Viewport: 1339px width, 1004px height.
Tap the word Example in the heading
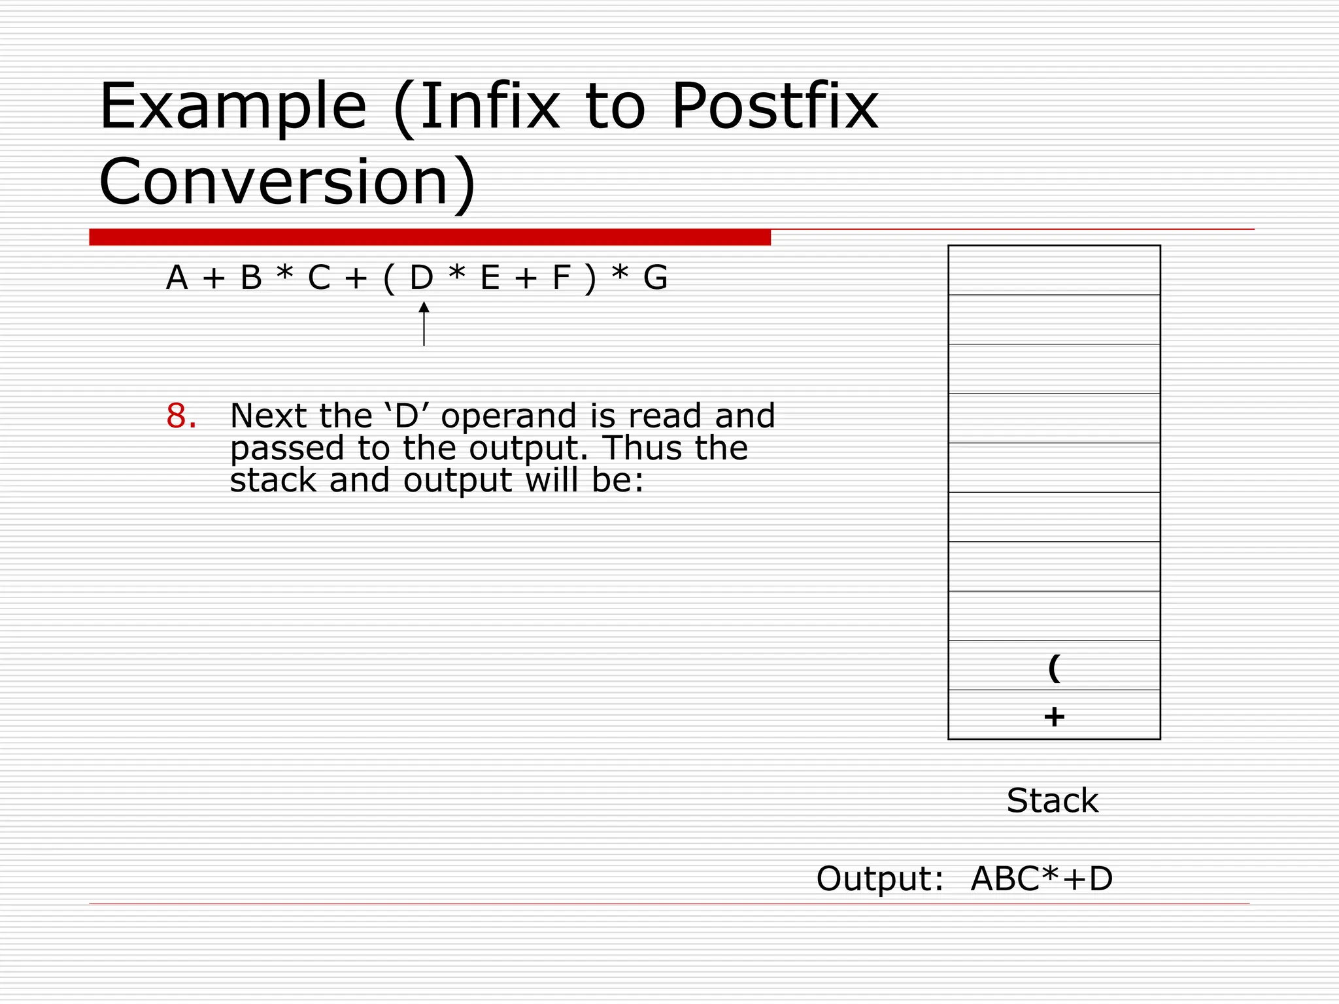(233, 107)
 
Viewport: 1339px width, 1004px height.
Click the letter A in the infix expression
(177, 278)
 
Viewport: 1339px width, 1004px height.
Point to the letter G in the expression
(655, 278)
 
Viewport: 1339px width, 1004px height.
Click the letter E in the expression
(490, 278)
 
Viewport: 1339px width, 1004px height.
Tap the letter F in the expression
(561, 278)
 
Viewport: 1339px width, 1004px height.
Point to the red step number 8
(181, 416)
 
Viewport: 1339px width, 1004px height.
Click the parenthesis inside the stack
(1054, 667)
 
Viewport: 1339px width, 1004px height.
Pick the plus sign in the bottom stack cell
(1054, 717)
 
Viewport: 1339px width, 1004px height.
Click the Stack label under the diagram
(1052, 801)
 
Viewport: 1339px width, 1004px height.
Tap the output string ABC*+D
(1042, 878)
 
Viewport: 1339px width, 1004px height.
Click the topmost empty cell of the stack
(1054, 270)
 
